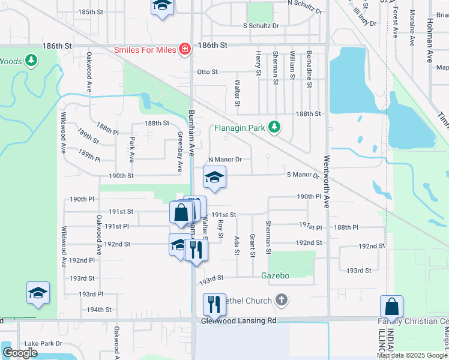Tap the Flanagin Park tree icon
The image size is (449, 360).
(274, 127)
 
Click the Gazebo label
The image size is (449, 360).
(276, 275)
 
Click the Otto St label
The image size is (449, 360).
(207, 72)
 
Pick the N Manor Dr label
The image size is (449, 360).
(224, 160)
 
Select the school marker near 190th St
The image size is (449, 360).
(214, 178)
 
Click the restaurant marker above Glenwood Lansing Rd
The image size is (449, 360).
(214, 304)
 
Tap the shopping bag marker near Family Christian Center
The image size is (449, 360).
(391, 307)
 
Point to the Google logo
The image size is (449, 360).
(20, 353)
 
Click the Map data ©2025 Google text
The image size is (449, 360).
(412, 355)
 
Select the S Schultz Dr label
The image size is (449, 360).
(261, 26)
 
